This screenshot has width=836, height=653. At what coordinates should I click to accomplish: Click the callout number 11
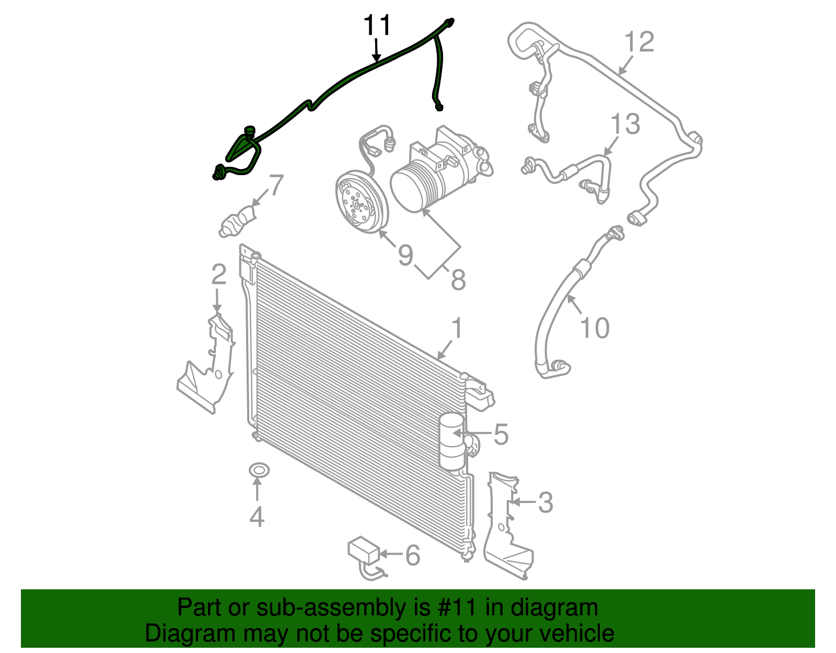[377, 26]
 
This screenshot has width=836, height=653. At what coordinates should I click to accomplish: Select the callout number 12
[638, 42]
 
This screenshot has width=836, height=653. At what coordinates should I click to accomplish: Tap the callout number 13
[625, 124]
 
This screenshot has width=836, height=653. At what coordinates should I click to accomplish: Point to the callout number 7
[276, 185]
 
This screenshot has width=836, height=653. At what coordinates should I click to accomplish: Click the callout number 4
[257, 517]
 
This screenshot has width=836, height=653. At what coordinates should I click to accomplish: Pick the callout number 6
[413, 555]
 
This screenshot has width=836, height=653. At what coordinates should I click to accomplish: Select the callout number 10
[595, 328]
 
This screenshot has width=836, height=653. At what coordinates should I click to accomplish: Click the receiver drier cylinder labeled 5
[451, 442]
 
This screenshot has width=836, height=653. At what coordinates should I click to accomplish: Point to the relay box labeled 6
[363, 551]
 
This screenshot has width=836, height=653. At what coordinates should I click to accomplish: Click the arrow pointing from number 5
[473, 433]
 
